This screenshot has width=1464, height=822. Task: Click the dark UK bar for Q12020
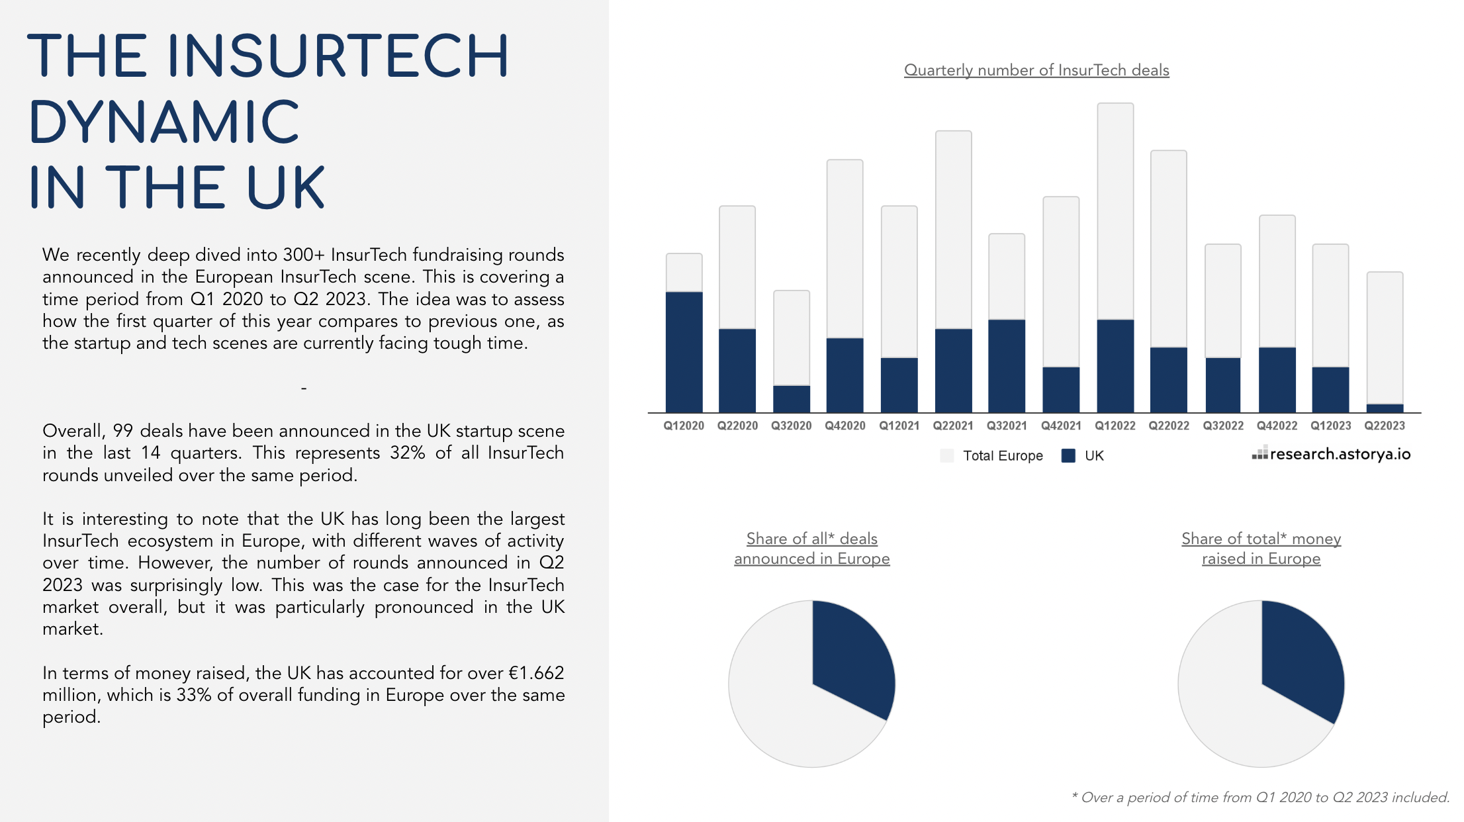coord(684,351)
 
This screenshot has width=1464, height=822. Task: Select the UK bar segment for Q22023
coord(1385,408)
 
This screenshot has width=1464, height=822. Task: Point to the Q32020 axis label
coord(791,426)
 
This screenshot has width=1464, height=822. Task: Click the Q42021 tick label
coord(1061,426)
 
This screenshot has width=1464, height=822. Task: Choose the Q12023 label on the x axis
coord(1330,426)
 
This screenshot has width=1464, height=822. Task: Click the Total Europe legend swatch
coord(947,455)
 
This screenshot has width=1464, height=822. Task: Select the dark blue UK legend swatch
coord(1068,455)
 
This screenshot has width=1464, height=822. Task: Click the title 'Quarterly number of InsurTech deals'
coord(1036,70)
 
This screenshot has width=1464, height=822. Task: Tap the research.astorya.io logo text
coord(1340,454)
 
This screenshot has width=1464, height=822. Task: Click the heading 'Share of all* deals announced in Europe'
coord(812,549)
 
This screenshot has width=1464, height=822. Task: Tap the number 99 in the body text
coord(123,431)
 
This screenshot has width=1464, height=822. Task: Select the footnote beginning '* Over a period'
coord(1260,798)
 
